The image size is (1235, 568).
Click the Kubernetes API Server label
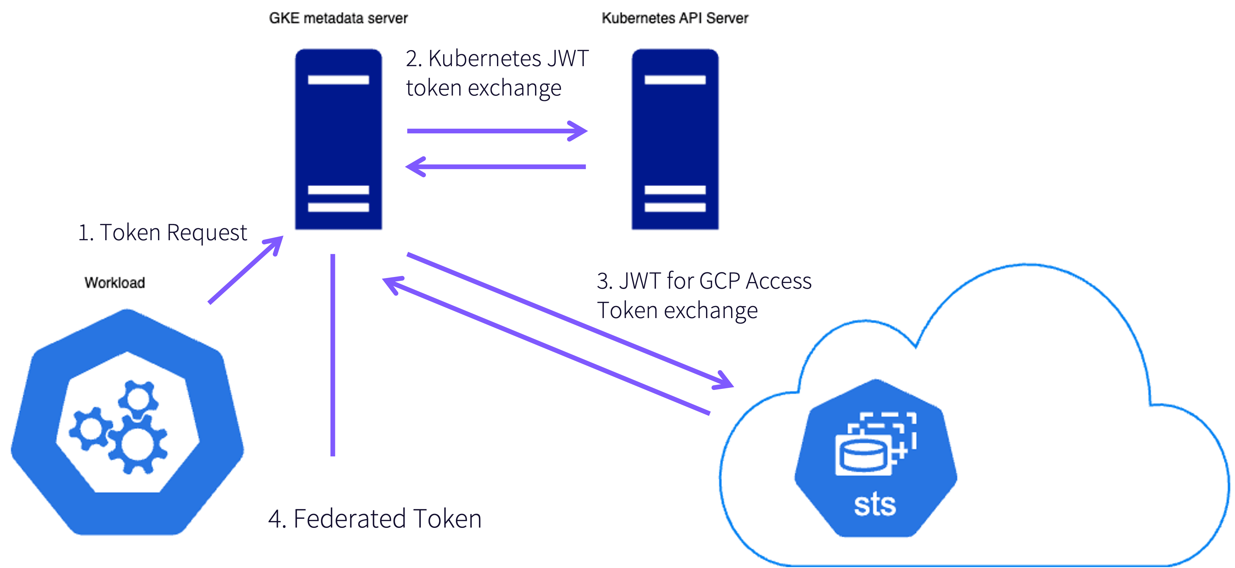click(675, 18)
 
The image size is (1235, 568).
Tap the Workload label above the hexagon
click(114, 283)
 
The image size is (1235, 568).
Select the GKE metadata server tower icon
click(339, 139)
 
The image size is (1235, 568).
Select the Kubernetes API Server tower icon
click(675, 139)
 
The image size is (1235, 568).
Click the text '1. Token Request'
click(163, 233)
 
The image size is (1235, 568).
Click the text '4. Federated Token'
click(375, 519)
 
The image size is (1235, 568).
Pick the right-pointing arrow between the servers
click(497, 131)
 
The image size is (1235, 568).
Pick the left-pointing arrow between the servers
click(497, 167)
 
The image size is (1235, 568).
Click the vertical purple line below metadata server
click(333, 355)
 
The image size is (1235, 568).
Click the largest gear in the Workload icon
click(138, 444)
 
